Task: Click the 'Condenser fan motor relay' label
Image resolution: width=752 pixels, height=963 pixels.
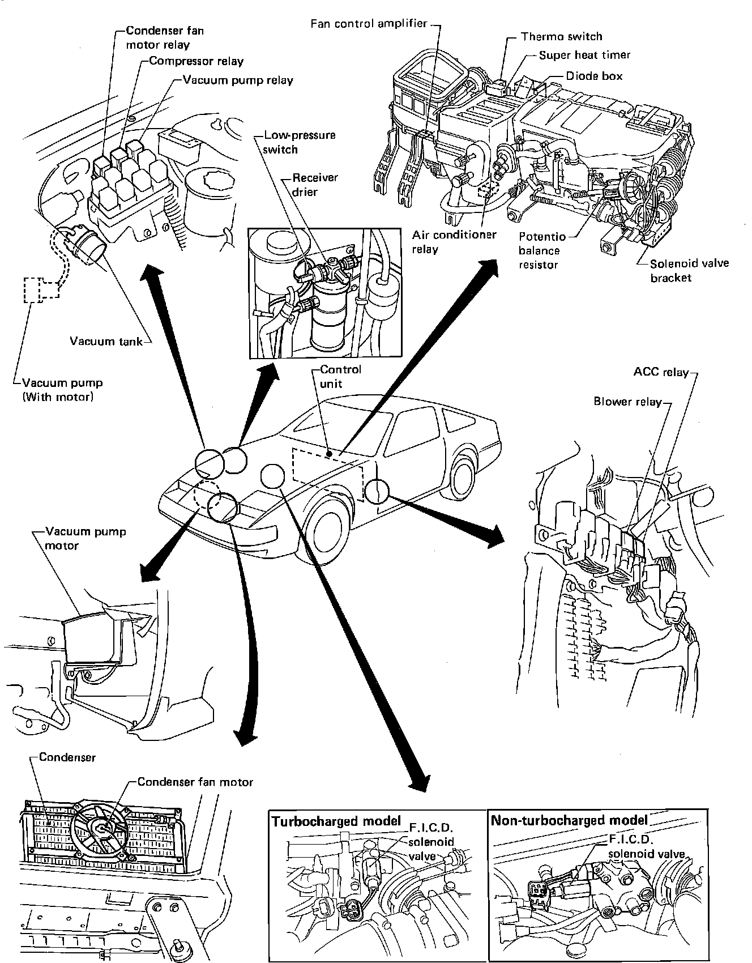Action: [x=164, y=37]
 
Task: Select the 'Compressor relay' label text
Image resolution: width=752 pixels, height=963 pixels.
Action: [x=196, y=61]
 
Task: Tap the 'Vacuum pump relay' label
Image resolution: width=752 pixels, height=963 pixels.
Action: [x=238, y=80]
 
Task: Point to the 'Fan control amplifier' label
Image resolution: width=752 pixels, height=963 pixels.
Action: [x=369, y=24]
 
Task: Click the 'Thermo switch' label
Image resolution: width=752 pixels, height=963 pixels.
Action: [x=561, y=37]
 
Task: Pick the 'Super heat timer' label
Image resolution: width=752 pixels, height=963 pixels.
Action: [x=584, y=55]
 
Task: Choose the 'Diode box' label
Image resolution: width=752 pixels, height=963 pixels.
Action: [x=594, y=75]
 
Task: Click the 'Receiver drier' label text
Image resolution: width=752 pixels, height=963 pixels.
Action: [x=315, y=185]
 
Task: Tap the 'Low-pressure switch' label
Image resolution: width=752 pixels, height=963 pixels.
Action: [x=300, y=142]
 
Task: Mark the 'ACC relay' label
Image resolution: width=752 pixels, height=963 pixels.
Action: [x=661, y=372]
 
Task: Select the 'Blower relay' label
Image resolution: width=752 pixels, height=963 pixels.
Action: [x=627, y=402]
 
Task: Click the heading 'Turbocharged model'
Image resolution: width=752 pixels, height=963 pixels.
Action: [x=336, y=821]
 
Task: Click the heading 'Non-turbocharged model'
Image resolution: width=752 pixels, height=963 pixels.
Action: [x=569, y=820]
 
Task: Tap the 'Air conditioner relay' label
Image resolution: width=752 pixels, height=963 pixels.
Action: [x=454, y=242]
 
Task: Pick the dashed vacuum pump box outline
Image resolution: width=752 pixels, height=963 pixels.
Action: [x=41, y=290]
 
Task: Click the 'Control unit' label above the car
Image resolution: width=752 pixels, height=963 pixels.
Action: [x=340, y=376]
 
